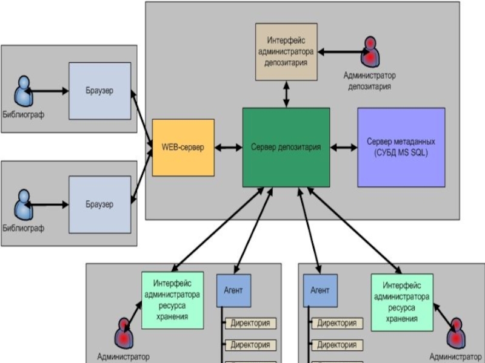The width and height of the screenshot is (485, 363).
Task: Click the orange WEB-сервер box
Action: tap(183, 148)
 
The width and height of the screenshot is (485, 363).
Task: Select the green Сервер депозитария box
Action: tap(286, 147)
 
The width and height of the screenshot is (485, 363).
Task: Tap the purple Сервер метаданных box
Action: tap(401, 147)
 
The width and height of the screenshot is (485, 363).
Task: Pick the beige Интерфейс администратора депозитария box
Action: tap(286, 52)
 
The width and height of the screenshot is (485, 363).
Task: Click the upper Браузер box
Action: tap(99, 91)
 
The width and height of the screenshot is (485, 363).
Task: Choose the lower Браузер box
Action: tap(99, 204)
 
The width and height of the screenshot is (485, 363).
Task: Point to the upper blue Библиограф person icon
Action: tap(24, 91)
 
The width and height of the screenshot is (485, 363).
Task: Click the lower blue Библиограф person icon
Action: tap(24, 204)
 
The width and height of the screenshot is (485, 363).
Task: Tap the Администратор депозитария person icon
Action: tap(370, 51)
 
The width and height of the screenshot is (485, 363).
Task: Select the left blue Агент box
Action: tap(233, 290)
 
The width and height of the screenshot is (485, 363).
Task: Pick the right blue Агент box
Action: tap(320, 290)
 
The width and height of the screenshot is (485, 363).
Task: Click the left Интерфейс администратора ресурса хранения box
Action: tap(173, 300)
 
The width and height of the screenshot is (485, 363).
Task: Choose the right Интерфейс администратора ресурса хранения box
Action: tap(402, 302)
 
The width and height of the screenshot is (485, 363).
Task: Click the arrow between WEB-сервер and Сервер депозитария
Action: tap(229, 148)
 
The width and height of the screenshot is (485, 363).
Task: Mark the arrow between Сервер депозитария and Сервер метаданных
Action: tap(344, 148)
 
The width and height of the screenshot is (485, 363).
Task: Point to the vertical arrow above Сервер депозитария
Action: tap(286, 94)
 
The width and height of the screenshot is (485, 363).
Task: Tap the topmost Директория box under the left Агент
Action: tap(250, 323)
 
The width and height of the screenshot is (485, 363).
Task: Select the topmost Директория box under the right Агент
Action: tap(337, 323)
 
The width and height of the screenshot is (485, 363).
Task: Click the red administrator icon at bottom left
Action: tap(124, 333)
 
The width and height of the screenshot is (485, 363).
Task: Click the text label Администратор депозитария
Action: tap(370, 81)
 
